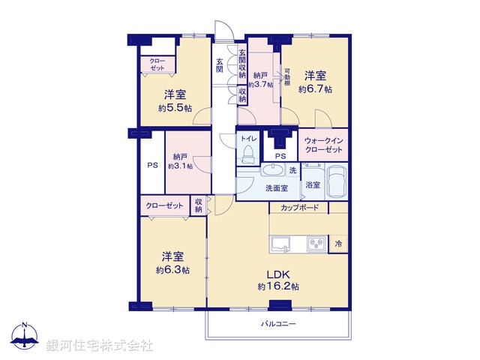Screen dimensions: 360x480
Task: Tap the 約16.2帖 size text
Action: (278, 286)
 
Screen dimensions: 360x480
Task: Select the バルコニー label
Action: (278, 325)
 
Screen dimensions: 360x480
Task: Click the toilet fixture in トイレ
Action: (247, 154)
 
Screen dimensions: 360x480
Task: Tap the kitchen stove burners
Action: (316, 243)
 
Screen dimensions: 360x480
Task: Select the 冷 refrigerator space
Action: (338, 244)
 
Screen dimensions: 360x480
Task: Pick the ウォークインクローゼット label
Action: (324, 144)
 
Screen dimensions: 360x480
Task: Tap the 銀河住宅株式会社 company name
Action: (100, 345)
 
